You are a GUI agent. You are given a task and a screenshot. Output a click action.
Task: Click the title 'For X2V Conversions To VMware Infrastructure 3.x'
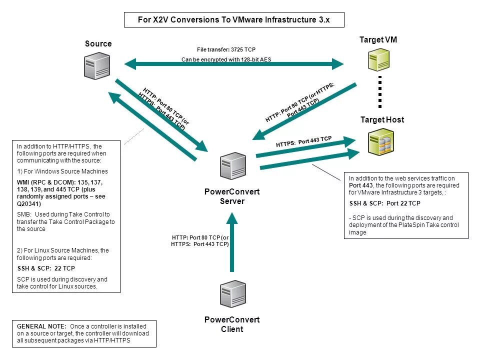pos(234,20)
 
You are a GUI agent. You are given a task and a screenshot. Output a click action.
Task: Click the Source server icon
pos(97,66)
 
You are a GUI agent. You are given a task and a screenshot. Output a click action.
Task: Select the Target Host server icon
pos(379,142)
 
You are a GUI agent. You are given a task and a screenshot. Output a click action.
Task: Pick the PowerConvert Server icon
pos(232,165)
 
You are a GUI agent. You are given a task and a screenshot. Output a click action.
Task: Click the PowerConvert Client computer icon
pos(232,294)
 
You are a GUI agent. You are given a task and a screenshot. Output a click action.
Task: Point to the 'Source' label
pos(98,44)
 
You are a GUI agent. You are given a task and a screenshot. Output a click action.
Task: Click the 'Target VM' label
pos(378,40)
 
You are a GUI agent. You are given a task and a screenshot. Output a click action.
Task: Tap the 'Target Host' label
pos(382,120)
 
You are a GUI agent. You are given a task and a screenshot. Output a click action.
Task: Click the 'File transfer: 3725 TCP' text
pos(226,50)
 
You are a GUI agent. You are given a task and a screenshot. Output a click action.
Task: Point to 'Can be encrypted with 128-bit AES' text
pos(226,59)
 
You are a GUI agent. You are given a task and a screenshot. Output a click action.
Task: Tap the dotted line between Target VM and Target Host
pos(380,91)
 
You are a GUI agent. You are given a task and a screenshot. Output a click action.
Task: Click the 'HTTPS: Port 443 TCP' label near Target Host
pos(303,142)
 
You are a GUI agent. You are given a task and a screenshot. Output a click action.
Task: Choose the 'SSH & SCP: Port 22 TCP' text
pos(384,203)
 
